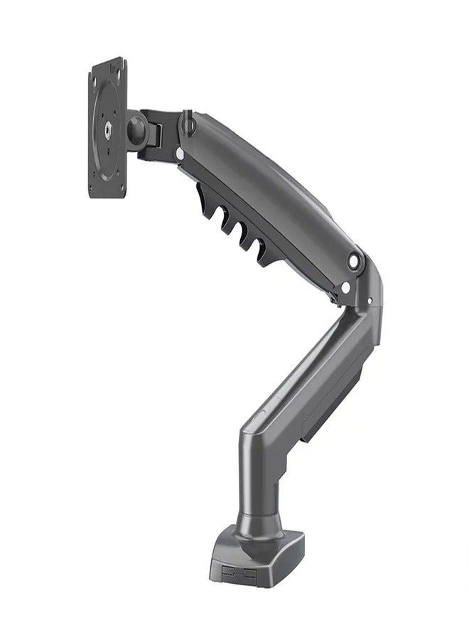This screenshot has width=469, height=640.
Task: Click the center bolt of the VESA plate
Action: [108, 129]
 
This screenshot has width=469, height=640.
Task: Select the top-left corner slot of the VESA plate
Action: [97, 73]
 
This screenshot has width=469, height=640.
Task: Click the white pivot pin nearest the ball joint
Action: [178, 151]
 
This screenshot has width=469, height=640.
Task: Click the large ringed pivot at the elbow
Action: [355, 262]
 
